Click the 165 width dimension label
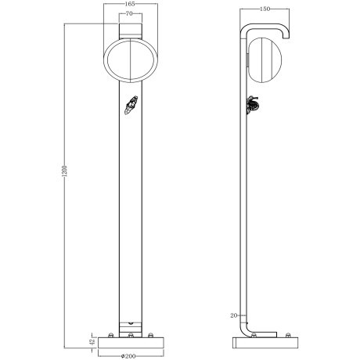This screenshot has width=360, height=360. (x=129, y=5)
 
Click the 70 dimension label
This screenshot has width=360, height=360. (x=129, y=15)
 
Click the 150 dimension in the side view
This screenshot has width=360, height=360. (x=265, y=9)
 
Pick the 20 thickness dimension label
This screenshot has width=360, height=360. (x=234, y=315)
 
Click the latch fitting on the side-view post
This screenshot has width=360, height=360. (x=254, y=104)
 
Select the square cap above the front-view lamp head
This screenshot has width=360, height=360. (x=130, y=30)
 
